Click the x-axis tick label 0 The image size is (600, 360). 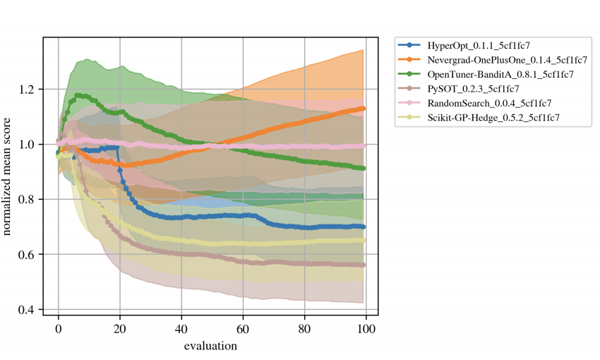coord(59,329)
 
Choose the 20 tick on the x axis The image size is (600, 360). coord(120,329)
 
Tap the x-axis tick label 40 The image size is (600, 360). coord(181,329)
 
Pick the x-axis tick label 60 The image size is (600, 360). coord(244,329)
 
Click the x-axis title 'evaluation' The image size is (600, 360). coord(210,346)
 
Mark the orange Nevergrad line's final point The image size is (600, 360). coord(363,109)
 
